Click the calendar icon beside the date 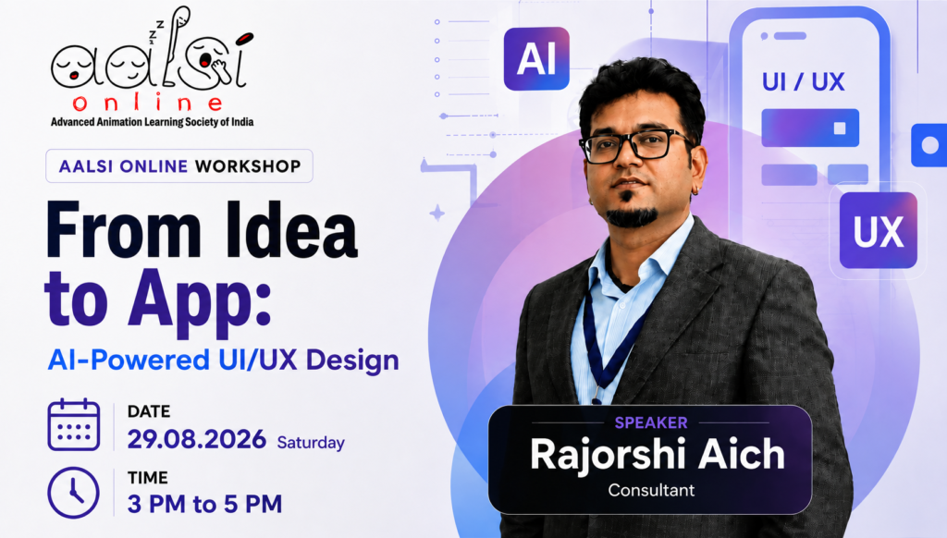pyautogui.click(x=74, y=424)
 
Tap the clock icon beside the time pyautogui.click(x=74, y=493)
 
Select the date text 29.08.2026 pyautogui.click(x=196, y=439)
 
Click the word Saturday pyautogui.click(x=311, y=443)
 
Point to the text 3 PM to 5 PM pyautogui.click(x=204, y=504)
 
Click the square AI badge pyautogui.click(x=536, y=58)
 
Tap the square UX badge pyautogui.click(x=879, y=230)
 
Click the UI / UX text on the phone pyautogui.click(x=803, y=82)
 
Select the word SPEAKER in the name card pyautogui.click(x=651, y=422)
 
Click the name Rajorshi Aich pyautogui.click(x=658, y=454)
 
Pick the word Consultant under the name pyautogui.click(x=651, y=490)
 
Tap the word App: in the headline pyautogui.click(x=200, y=300)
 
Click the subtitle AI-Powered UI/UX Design pyautogui.click(x=224, y=360)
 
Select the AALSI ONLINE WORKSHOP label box pyautogui.click(x=179, y=166)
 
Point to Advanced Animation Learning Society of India pyautogui.click(x=153, y=122)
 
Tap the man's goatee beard pyautogui.click(x=631, y=214)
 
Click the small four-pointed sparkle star pyautogui.click(x=437, y=213)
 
